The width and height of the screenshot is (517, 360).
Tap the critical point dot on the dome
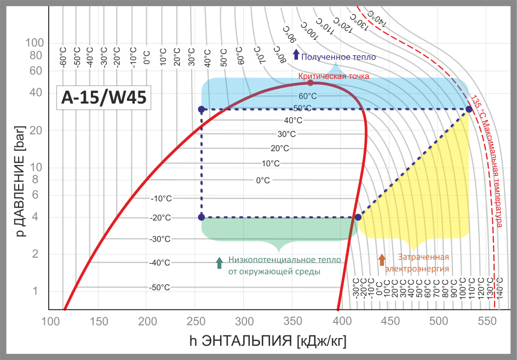click(311, 83)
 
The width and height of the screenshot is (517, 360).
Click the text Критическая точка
click(334, 76)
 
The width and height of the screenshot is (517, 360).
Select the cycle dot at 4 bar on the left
click(202, 217)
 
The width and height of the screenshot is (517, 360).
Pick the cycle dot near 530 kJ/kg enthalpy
click(469, 110)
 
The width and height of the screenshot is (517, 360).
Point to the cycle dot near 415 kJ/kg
click(358, 217)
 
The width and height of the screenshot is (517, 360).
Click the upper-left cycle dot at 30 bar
click(202, 110)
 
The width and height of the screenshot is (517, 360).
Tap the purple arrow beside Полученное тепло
click(296, 54)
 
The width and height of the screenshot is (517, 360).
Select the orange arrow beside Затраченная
click(382, 259)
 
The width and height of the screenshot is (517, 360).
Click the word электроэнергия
click(417, 268)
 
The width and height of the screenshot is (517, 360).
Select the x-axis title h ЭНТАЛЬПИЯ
click(268, 341)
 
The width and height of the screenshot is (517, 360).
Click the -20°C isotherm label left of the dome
click(160, 218)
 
